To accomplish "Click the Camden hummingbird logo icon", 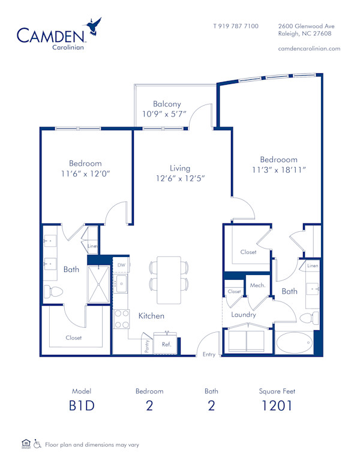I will tap(94, 27).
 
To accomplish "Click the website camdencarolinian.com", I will tap(310, 49).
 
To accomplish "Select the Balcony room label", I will tap(166, 104).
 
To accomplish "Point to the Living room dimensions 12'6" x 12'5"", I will tap(180, 178).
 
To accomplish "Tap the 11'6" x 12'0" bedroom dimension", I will tap(85, 174).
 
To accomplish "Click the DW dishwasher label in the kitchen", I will tap(121, 265).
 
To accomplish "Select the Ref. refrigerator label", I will tap(166, 345).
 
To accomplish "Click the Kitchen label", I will tap(151, 316).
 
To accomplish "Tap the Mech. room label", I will tap(257, 285).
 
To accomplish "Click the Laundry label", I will tap(244, 315).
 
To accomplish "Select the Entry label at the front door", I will tap(209, 354).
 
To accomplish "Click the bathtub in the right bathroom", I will tap(294, 344).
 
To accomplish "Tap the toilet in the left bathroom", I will tap(55, 292).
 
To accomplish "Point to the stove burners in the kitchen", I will tap(122, 319).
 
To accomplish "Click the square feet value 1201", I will tap(277, 405).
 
